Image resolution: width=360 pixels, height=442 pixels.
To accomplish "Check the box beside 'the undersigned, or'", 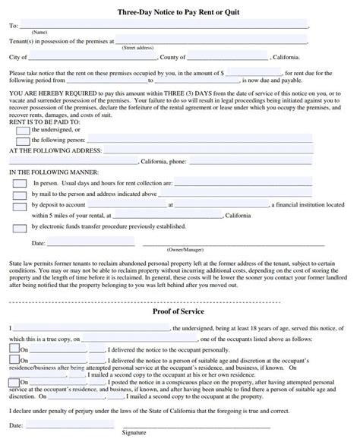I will click(23, 130).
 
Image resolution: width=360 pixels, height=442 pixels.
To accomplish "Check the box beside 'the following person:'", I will click(23, 140).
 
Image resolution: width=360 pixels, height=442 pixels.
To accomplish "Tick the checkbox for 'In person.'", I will click(17, 183).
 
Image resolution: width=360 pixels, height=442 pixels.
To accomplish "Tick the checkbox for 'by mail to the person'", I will click(17, 194).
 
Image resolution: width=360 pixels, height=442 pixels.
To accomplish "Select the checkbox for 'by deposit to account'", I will click(17, 205).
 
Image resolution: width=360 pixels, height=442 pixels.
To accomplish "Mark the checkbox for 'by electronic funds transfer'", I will click(17, 226).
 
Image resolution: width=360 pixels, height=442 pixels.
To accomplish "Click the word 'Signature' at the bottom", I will click(134, 437).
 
